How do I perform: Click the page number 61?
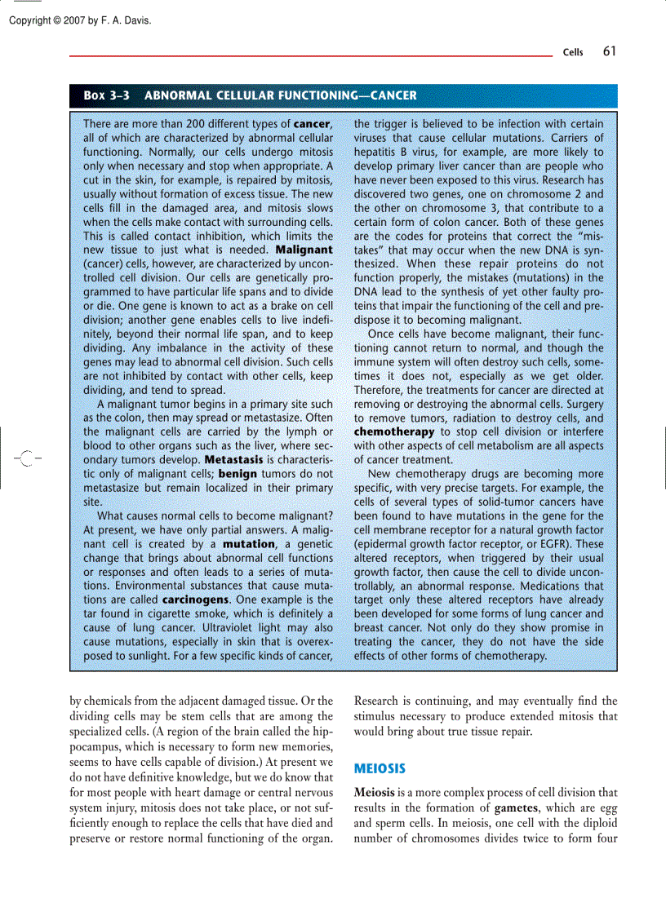point(609,51)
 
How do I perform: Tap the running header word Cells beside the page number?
point(573,53)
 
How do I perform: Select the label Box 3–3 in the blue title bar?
point(106,95)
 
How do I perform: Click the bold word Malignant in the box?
point(304,249)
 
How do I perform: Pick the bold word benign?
point(238,473)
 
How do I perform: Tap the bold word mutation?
point(248,543)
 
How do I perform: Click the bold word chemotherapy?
point(394,431)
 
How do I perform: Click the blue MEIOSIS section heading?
point(379,768)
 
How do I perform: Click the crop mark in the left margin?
point(26,459)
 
